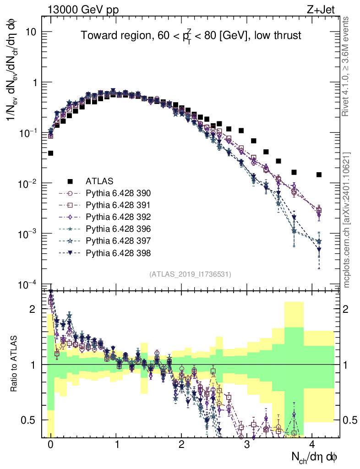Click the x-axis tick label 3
(247, 445)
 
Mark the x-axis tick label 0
(50, 445)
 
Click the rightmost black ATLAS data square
(319, 175)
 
